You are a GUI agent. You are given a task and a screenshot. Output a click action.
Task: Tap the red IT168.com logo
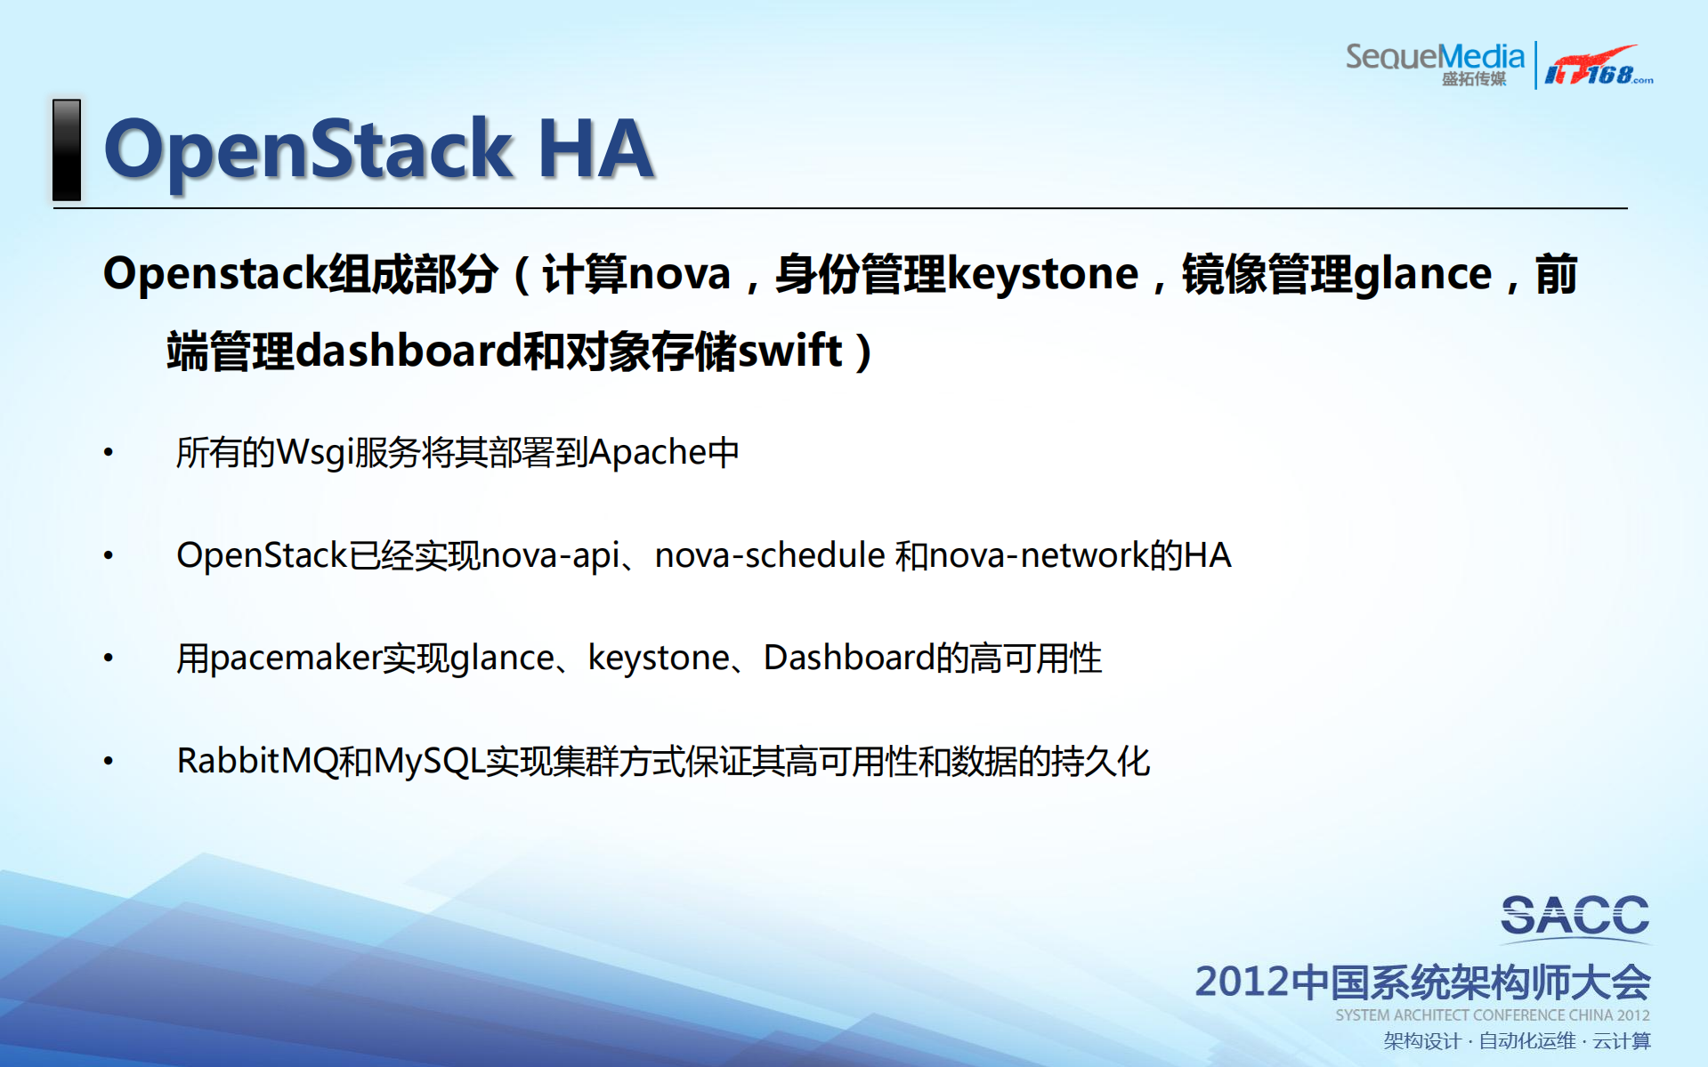(x=1599, y=66)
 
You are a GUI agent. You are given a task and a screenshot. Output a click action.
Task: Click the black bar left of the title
(x=67, y=150)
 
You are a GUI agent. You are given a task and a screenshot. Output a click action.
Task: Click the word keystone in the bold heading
(x=1042, y=275)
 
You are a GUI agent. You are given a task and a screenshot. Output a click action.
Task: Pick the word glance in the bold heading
(x=1422, y=275)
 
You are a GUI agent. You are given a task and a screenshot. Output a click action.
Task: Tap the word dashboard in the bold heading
(x=408, y=351)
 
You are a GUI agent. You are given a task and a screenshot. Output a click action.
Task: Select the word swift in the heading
(x=789, y=350)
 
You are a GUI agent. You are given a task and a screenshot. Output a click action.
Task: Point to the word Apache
(x=647, y=453)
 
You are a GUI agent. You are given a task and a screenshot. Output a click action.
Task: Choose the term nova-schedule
(x=770, y=555)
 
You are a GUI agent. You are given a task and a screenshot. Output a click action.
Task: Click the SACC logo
(x=1574, y=917)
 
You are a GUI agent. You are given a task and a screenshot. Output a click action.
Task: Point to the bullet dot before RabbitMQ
(x=109, y=761)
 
